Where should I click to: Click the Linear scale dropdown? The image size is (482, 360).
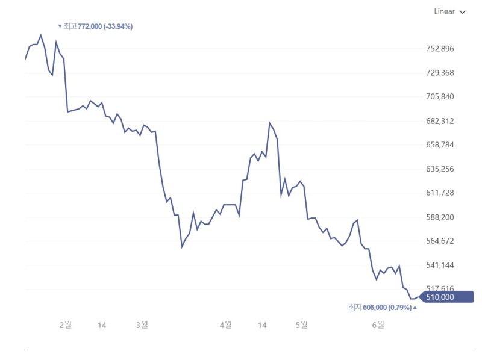click(x=449, y=11)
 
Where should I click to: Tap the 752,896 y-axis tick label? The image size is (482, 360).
click(x=439, y=49)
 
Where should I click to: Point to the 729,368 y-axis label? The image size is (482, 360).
click(x=439, y=73)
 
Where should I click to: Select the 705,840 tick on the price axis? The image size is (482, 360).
click(x=439, y=97)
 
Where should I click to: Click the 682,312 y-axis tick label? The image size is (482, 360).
click(x=439, y=121)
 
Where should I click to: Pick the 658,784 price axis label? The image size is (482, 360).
click(x=439, y=145)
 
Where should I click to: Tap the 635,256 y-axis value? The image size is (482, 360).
click(x=439, y=169)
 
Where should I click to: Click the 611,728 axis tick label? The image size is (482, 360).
click(x=439, y=193)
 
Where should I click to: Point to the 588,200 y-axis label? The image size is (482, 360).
click(x=439, y=217)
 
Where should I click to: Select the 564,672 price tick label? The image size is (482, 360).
click(x=439, y=241)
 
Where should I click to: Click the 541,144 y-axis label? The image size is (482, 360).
click(x=439, y=265)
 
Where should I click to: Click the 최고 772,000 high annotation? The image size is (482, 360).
click(x=95, y=26)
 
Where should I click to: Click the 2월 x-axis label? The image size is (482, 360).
click(x=65, y=325)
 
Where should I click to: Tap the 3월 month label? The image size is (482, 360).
click(x=142, y=325)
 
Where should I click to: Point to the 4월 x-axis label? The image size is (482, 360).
click(x=225, y=325)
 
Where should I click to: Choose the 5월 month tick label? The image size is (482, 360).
click(x=301, y=325)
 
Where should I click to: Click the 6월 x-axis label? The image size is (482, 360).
click(x=378, y=325)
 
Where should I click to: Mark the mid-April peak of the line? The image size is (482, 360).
click(x=269, y=123)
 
